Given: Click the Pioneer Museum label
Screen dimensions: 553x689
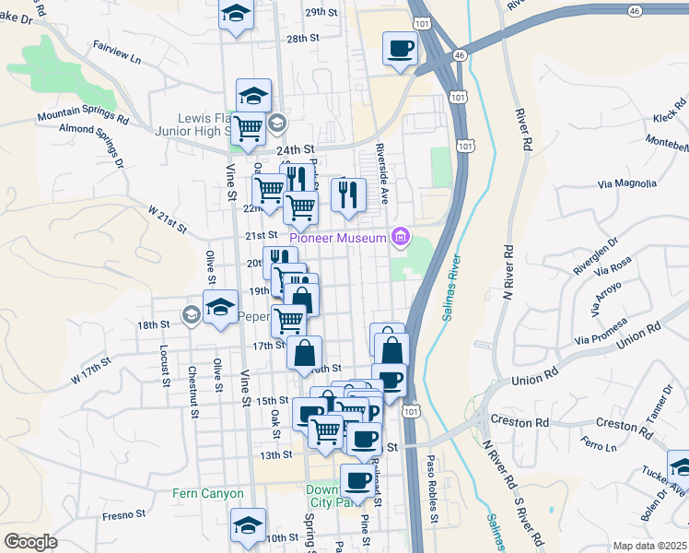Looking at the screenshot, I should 342,238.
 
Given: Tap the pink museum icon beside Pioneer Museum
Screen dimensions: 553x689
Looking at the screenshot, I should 400,238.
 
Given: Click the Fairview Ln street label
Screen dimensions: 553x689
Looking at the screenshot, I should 117,53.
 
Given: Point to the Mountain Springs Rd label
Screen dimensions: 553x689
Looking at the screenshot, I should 83,117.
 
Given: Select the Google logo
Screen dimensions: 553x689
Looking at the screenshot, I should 30,542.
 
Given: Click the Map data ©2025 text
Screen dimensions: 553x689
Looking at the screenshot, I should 649,546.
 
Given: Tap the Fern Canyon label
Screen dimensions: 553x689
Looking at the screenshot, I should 202,494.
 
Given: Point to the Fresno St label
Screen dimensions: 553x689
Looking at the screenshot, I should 119,514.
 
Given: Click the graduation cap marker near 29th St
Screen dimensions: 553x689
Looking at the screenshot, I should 236,15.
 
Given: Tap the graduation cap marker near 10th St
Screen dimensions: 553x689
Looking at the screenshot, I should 248,525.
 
